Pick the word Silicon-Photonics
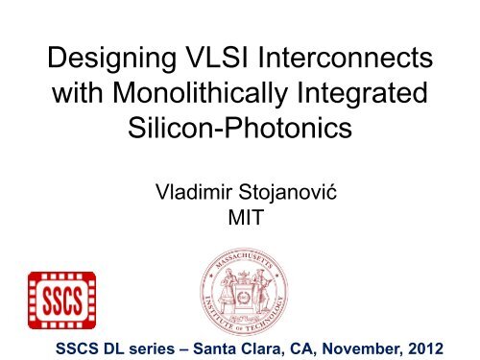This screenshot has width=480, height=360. click(239, 133)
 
